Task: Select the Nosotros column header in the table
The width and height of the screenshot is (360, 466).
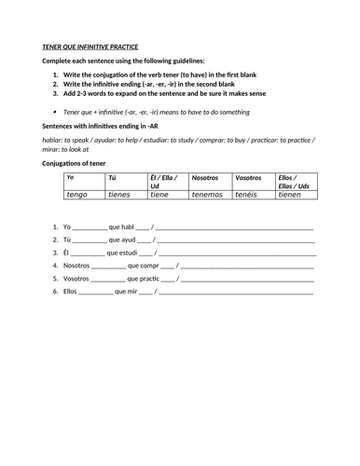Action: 206,176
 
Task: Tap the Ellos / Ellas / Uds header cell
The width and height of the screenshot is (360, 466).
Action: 296,181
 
